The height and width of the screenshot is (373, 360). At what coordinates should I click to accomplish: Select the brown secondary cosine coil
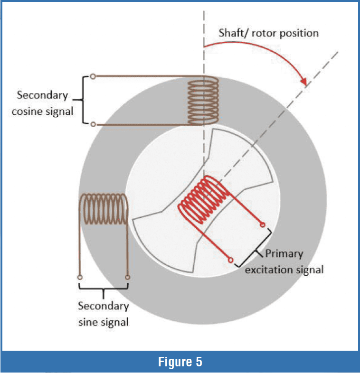click(x=204, y=101)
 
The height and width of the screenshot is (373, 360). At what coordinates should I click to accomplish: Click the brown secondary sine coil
click(x=103, y=209)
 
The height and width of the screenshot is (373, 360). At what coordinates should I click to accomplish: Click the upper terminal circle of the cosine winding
click(x=93, y=76)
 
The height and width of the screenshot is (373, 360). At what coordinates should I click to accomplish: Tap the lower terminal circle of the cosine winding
click(x=93, y=124)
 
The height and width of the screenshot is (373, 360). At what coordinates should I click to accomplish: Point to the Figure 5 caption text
click(x=180, y=362)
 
